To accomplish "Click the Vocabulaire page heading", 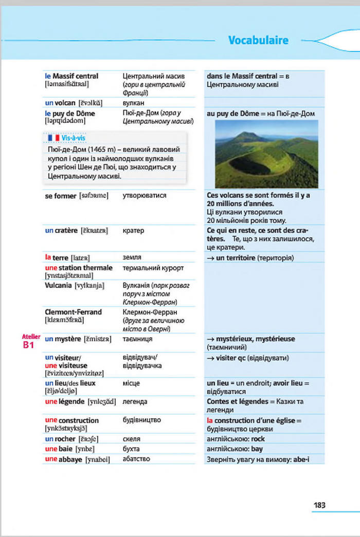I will point(258,40).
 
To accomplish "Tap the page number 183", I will point(319,505).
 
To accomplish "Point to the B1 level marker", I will point(28,345).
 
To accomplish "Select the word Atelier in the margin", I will point(31,337).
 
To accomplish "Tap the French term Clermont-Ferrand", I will point(73,312).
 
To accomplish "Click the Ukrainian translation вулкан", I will point(133,103).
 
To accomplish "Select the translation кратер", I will point(134,231).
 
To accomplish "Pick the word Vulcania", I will point(58,285).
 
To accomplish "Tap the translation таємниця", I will point(138,339).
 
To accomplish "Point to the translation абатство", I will point(136,459).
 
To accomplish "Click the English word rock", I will point(258,439).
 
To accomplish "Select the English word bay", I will point(257,449).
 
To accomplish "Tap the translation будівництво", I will point(142,420).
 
